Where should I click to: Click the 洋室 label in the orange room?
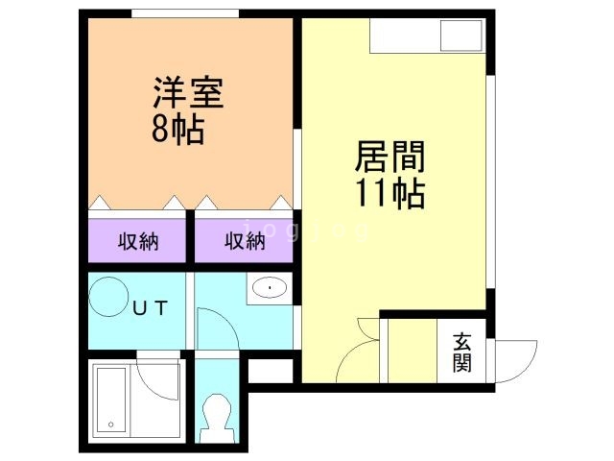coord(187,94)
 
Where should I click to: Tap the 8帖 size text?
coord(177,130)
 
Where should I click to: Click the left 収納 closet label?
coord(138,241)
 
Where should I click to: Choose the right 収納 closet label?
coord(245,241)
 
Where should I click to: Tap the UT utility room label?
coord(150,309)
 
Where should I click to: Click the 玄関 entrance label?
coord(462,352)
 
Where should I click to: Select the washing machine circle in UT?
coord(107,295)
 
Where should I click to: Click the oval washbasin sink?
coord(270,287)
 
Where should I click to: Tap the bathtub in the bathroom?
coord(113,402)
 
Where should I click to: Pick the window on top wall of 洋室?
coord(185,12)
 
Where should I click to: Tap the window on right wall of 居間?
coord(489,182)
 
